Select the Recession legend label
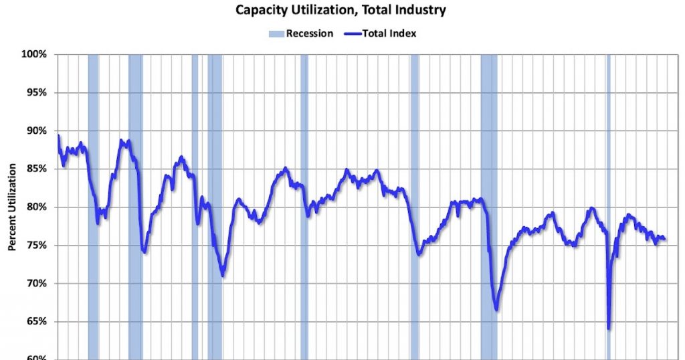[309, 33]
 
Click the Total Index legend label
[390, 33]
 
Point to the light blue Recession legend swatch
[276, 33]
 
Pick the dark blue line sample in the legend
[353, 33]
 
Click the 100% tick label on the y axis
[33, 54]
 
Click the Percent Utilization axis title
[12, 207]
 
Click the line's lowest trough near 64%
[609, 328]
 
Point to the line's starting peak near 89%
[58, 136]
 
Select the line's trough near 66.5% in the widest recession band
[496, 309]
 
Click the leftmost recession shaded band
[93, 201]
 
